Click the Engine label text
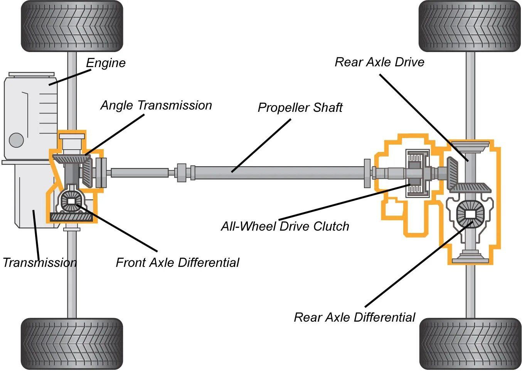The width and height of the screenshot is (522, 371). pos(106,63)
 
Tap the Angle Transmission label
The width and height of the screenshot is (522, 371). pos(156,105)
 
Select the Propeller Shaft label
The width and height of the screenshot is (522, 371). pos(300,108)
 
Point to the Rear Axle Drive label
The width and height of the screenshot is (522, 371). pos(379,62)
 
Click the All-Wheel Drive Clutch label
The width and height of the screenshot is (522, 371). pos(285,226)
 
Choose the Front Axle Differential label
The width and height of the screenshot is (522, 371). pos(177,263)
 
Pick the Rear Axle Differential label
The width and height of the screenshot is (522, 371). pos(354,317)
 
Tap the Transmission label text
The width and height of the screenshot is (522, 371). pos(40,263)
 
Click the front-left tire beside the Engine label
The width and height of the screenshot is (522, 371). pos(72,26)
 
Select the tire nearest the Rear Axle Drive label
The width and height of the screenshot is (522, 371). pos(470,26)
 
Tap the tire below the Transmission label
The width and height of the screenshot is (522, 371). pos(72,344)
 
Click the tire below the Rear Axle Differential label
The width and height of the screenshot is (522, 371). pos(470,344)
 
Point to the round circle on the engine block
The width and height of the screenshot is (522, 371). pos(16,140)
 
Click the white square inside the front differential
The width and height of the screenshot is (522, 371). pos(71,201)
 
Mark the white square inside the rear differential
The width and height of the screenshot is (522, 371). pos(470,214)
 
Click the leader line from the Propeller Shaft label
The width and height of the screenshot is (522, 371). pos(261,145)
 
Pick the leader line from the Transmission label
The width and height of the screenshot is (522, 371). pos(36,235)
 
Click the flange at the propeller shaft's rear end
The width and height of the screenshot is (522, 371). pos(367,173)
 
